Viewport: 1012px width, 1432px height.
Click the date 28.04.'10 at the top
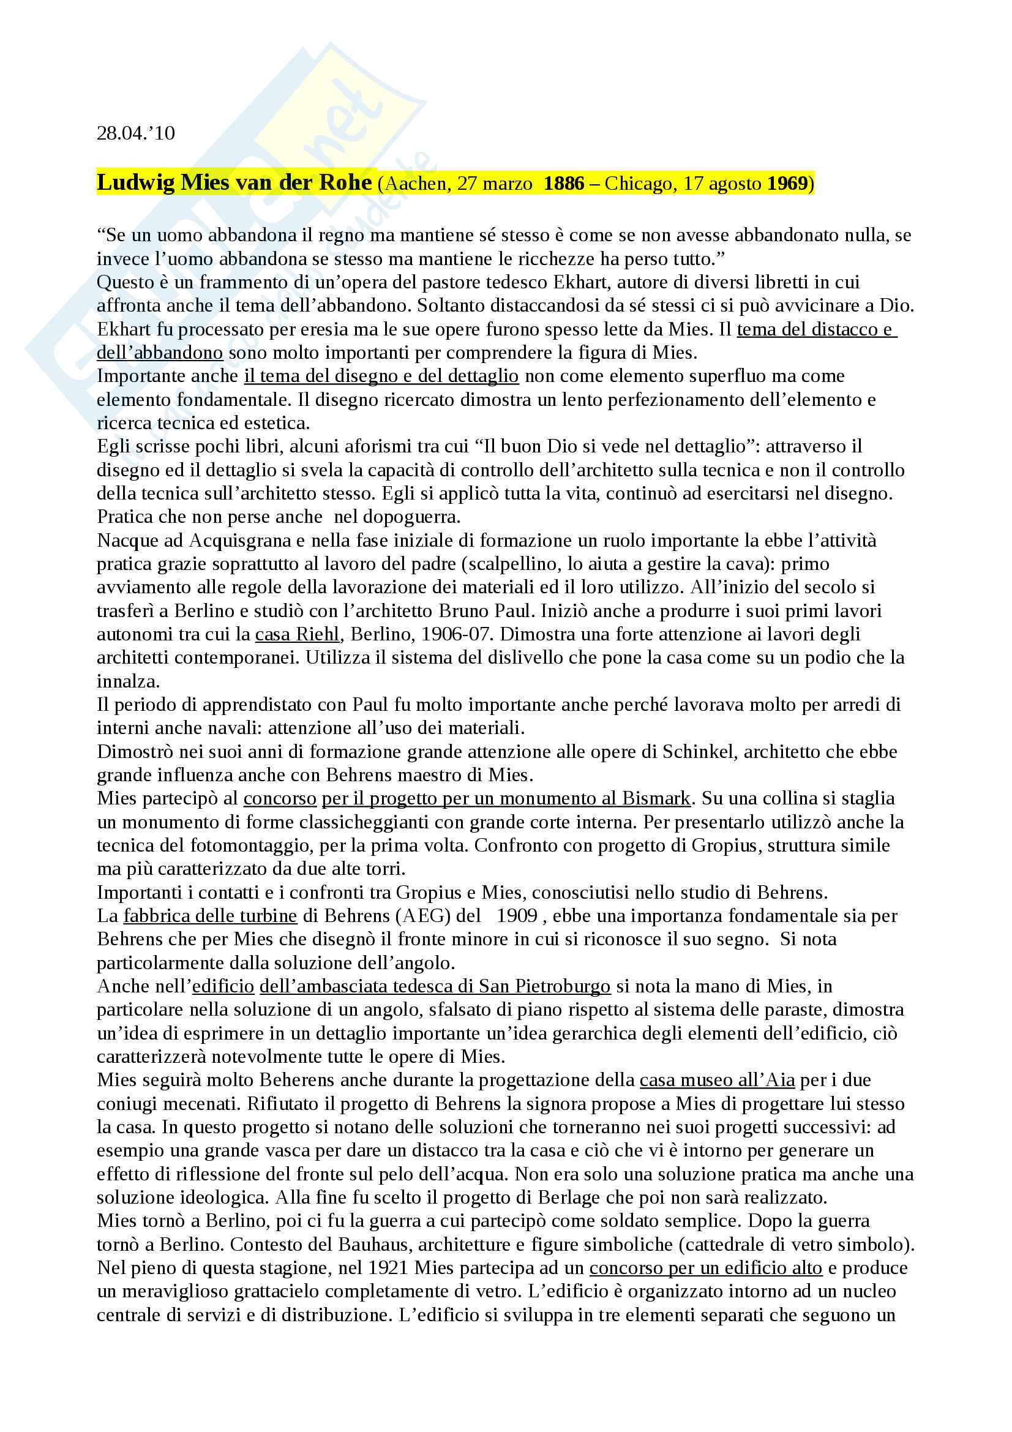point(135,133)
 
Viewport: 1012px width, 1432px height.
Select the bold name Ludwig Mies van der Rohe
point(234,182)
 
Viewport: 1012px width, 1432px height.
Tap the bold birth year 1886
point(564,184)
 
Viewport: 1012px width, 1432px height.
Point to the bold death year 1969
point(787,184)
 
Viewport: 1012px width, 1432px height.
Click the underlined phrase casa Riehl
point(298,634)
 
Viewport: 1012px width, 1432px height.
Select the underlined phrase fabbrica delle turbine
point(210,915)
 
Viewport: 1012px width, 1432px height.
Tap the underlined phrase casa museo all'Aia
point(717,1079)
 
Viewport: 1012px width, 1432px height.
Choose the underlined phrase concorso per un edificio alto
point(706,1267)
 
